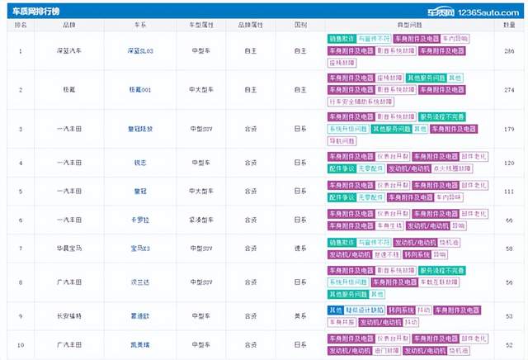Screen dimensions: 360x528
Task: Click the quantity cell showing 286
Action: [x=509, y=51]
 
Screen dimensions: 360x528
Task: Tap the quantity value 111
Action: [x=509, y=192]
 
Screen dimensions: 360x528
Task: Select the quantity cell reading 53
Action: [x=509, y=315]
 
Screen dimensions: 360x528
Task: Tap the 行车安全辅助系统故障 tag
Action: [x=362, y=101]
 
